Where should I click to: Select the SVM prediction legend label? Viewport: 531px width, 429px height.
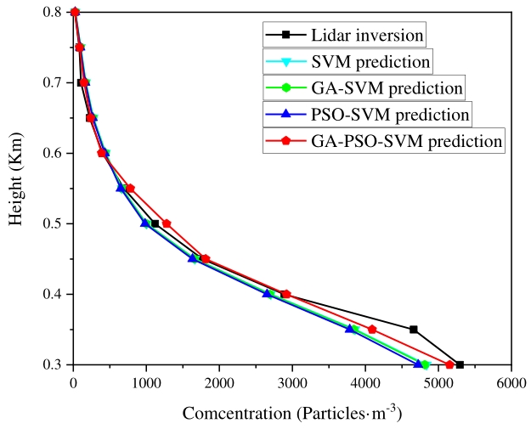[371, 61]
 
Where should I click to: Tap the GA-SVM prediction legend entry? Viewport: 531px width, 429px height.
[387, 87]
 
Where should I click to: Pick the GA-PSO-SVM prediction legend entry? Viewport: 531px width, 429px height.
[407, 140]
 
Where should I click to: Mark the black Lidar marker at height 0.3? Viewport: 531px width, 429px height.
[460, 364]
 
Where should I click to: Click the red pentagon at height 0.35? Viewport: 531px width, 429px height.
[372, 330]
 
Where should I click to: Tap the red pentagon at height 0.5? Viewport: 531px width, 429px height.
[167, 223]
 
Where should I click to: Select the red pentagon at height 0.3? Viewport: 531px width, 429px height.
[449, 364]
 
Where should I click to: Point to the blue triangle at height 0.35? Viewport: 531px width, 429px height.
[349, 329]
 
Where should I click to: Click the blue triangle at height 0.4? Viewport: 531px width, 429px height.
[267, 294]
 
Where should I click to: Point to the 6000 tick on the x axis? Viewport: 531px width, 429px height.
[511, 384]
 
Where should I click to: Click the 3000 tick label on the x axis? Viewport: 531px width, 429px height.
[291, 384]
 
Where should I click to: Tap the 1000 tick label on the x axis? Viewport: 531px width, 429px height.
[146, 384]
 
